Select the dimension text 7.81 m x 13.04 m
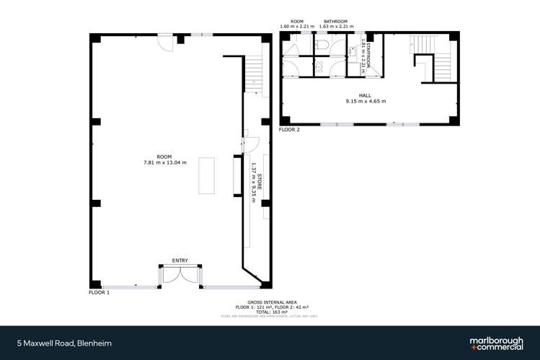(166, 162)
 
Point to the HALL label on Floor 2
(366, 95)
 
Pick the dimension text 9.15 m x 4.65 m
(366, 102)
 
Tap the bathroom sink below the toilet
(318, 67)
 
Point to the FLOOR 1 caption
(99, 294)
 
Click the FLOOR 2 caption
(289, 130)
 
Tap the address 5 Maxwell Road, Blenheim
(64, 343)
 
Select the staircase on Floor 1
(254, 72)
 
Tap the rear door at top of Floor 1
(166, 42)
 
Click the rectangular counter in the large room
(207, 175)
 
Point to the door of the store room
(246, 139)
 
